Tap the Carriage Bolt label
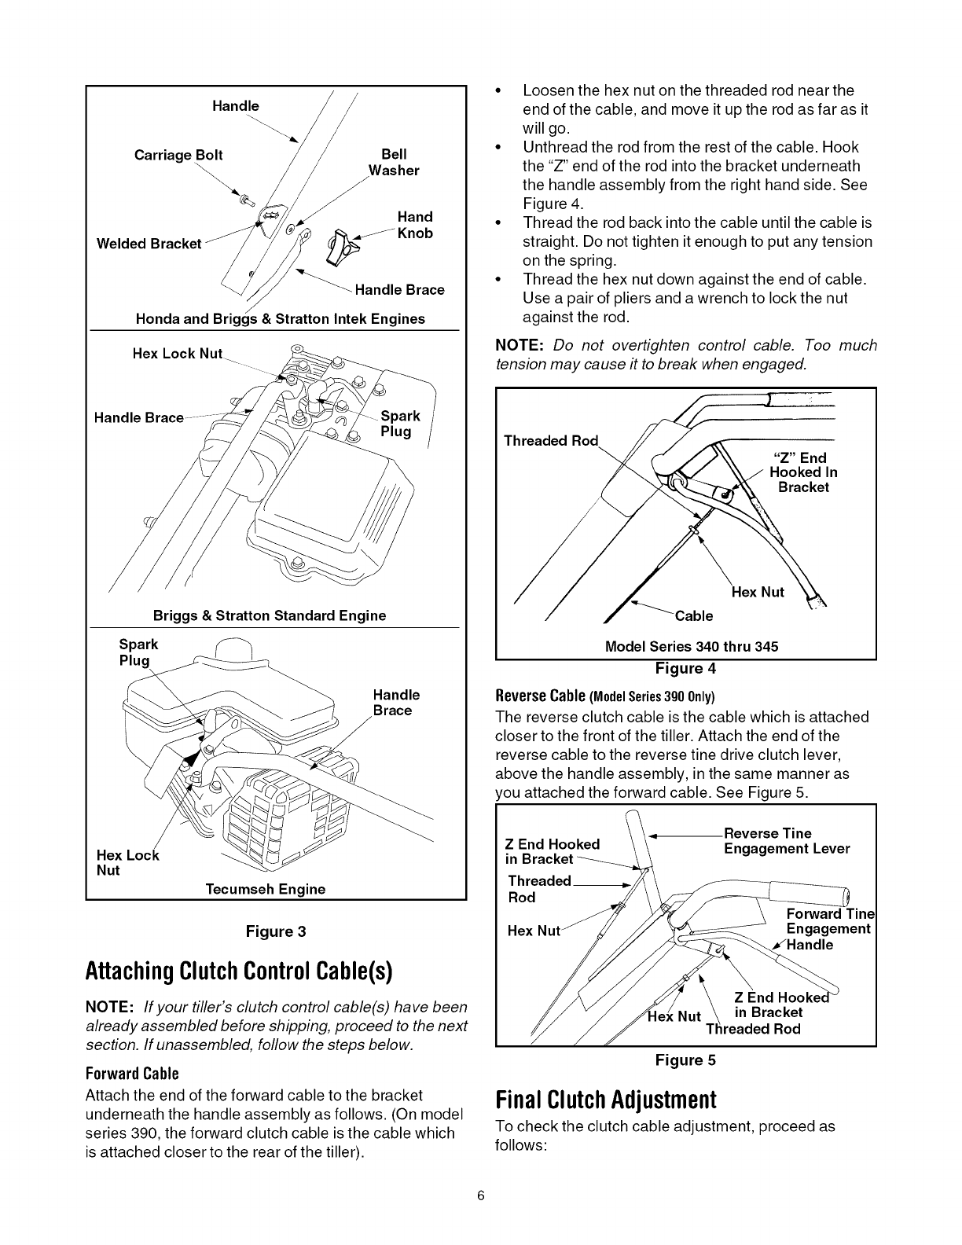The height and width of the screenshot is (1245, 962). point(178,156)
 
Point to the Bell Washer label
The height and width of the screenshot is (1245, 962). point(394,162)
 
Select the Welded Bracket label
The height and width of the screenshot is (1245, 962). point(149,244)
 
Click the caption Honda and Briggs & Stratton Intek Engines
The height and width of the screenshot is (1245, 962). point(281,319)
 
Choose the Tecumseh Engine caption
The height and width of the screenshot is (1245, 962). point(265,889)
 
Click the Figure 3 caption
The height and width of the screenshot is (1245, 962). point(275,931)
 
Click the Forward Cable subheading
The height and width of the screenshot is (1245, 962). point(132,1074)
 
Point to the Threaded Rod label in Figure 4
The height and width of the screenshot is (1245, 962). point(551,441)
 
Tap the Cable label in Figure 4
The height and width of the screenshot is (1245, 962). point(694,615)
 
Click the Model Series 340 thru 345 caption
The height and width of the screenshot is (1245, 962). point(692,647)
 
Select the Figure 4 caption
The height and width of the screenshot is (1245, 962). point(686,669)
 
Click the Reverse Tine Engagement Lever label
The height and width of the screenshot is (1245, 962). point(786,841)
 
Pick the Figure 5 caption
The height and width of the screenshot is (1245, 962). point(686,1060)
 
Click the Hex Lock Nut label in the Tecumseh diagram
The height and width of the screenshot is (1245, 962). point(127,862)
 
